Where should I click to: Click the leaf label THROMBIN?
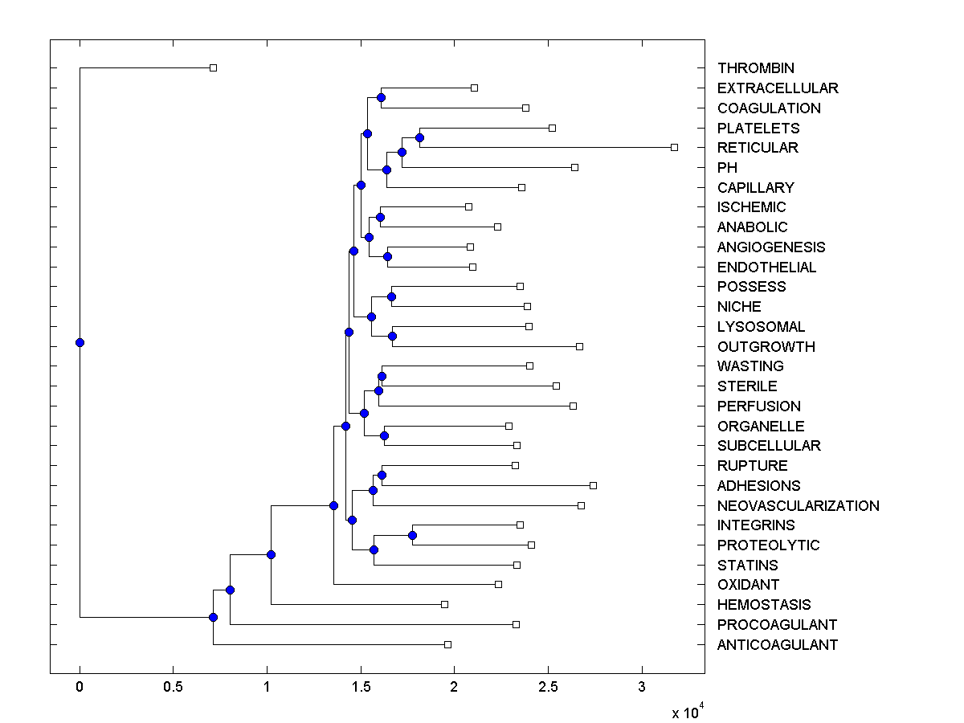point(756,68)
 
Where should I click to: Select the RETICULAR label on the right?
point(758,148)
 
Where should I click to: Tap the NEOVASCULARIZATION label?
point(798,506)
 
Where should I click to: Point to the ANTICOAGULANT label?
point(777,645)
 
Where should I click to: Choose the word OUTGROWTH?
point(766,347)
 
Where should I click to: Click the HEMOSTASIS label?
point(764,605)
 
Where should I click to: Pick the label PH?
point(727,168)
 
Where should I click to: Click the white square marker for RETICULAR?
point(675,147)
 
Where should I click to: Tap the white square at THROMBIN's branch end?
point(213,67)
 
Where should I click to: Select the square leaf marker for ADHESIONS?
point(593,485)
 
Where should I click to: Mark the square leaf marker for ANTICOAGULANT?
point(447,644)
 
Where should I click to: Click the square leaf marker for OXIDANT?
point(498,584)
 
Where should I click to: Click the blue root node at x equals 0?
point(80,342)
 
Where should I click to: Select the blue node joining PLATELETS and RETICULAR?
point(419,137)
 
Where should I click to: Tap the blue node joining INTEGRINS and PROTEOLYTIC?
point(412,535)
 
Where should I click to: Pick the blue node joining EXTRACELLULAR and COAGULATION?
point(381,97)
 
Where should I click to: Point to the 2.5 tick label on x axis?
point(547,687)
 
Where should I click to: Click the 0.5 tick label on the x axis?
point(172,687)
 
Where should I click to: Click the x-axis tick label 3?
point(642,687)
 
